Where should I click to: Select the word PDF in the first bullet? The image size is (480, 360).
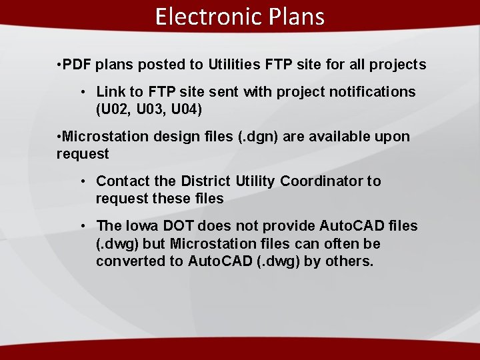[x=77, y=65]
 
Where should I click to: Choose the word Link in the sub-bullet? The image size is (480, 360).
[x=110, y=92]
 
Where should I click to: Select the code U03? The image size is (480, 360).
[x=147, y=109]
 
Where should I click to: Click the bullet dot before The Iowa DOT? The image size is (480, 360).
[x=83, y=227]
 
